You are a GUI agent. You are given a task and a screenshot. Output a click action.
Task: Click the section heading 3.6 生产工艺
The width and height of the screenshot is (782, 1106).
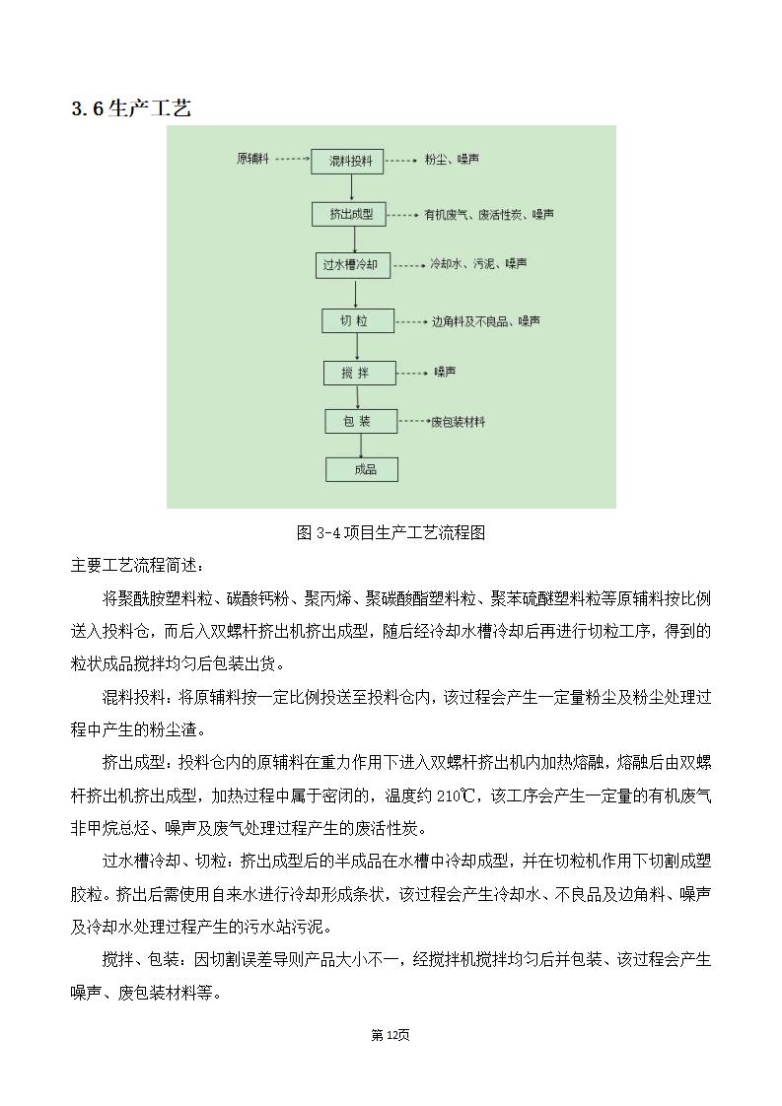tap(131, 108)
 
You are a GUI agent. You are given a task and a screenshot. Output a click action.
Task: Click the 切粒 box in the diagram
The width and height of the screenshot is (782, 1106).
tap(358, 321)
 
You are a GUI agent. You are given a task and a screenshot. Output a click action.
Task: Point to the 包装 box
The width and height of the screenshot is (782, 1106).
tap(361, 422)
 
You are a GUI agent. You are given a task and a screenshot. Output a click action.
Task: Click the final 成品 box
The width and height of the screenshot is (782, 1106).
tap(363, 469)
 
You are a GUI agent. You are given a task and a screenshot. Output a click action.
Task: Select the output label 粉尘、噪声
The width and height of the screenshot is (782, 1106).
tap(452, 160)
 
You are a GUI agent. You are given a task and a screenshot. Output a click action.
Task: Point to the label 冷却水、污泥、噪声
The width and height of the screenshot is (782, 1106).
tap(478, 264)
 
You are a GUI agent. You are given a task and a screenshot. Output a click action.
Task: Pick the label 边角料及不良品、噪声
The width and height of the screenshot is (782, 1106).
tap(485, 321)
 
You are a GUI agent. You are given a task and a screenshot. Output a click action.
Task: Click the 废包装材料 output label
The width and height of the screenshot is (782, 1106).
tap(458, 422)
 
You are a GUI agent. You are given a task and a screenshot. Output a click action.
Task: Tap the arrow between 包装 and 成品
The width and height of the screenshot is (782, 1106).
tap(362, 446)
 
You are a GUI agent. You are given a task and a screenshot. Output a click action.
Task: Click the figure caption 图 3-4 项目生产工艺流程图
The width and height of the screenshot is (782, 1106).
tap(391, 533)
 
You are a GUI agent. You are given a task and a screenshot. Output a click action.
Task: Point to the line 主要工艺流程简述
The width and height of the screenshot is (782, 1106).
tap(138, 566)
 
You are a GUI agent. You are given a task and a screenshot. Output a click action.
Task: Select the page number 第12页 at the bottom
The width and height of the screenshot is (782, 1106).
tap(390, 1034)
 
